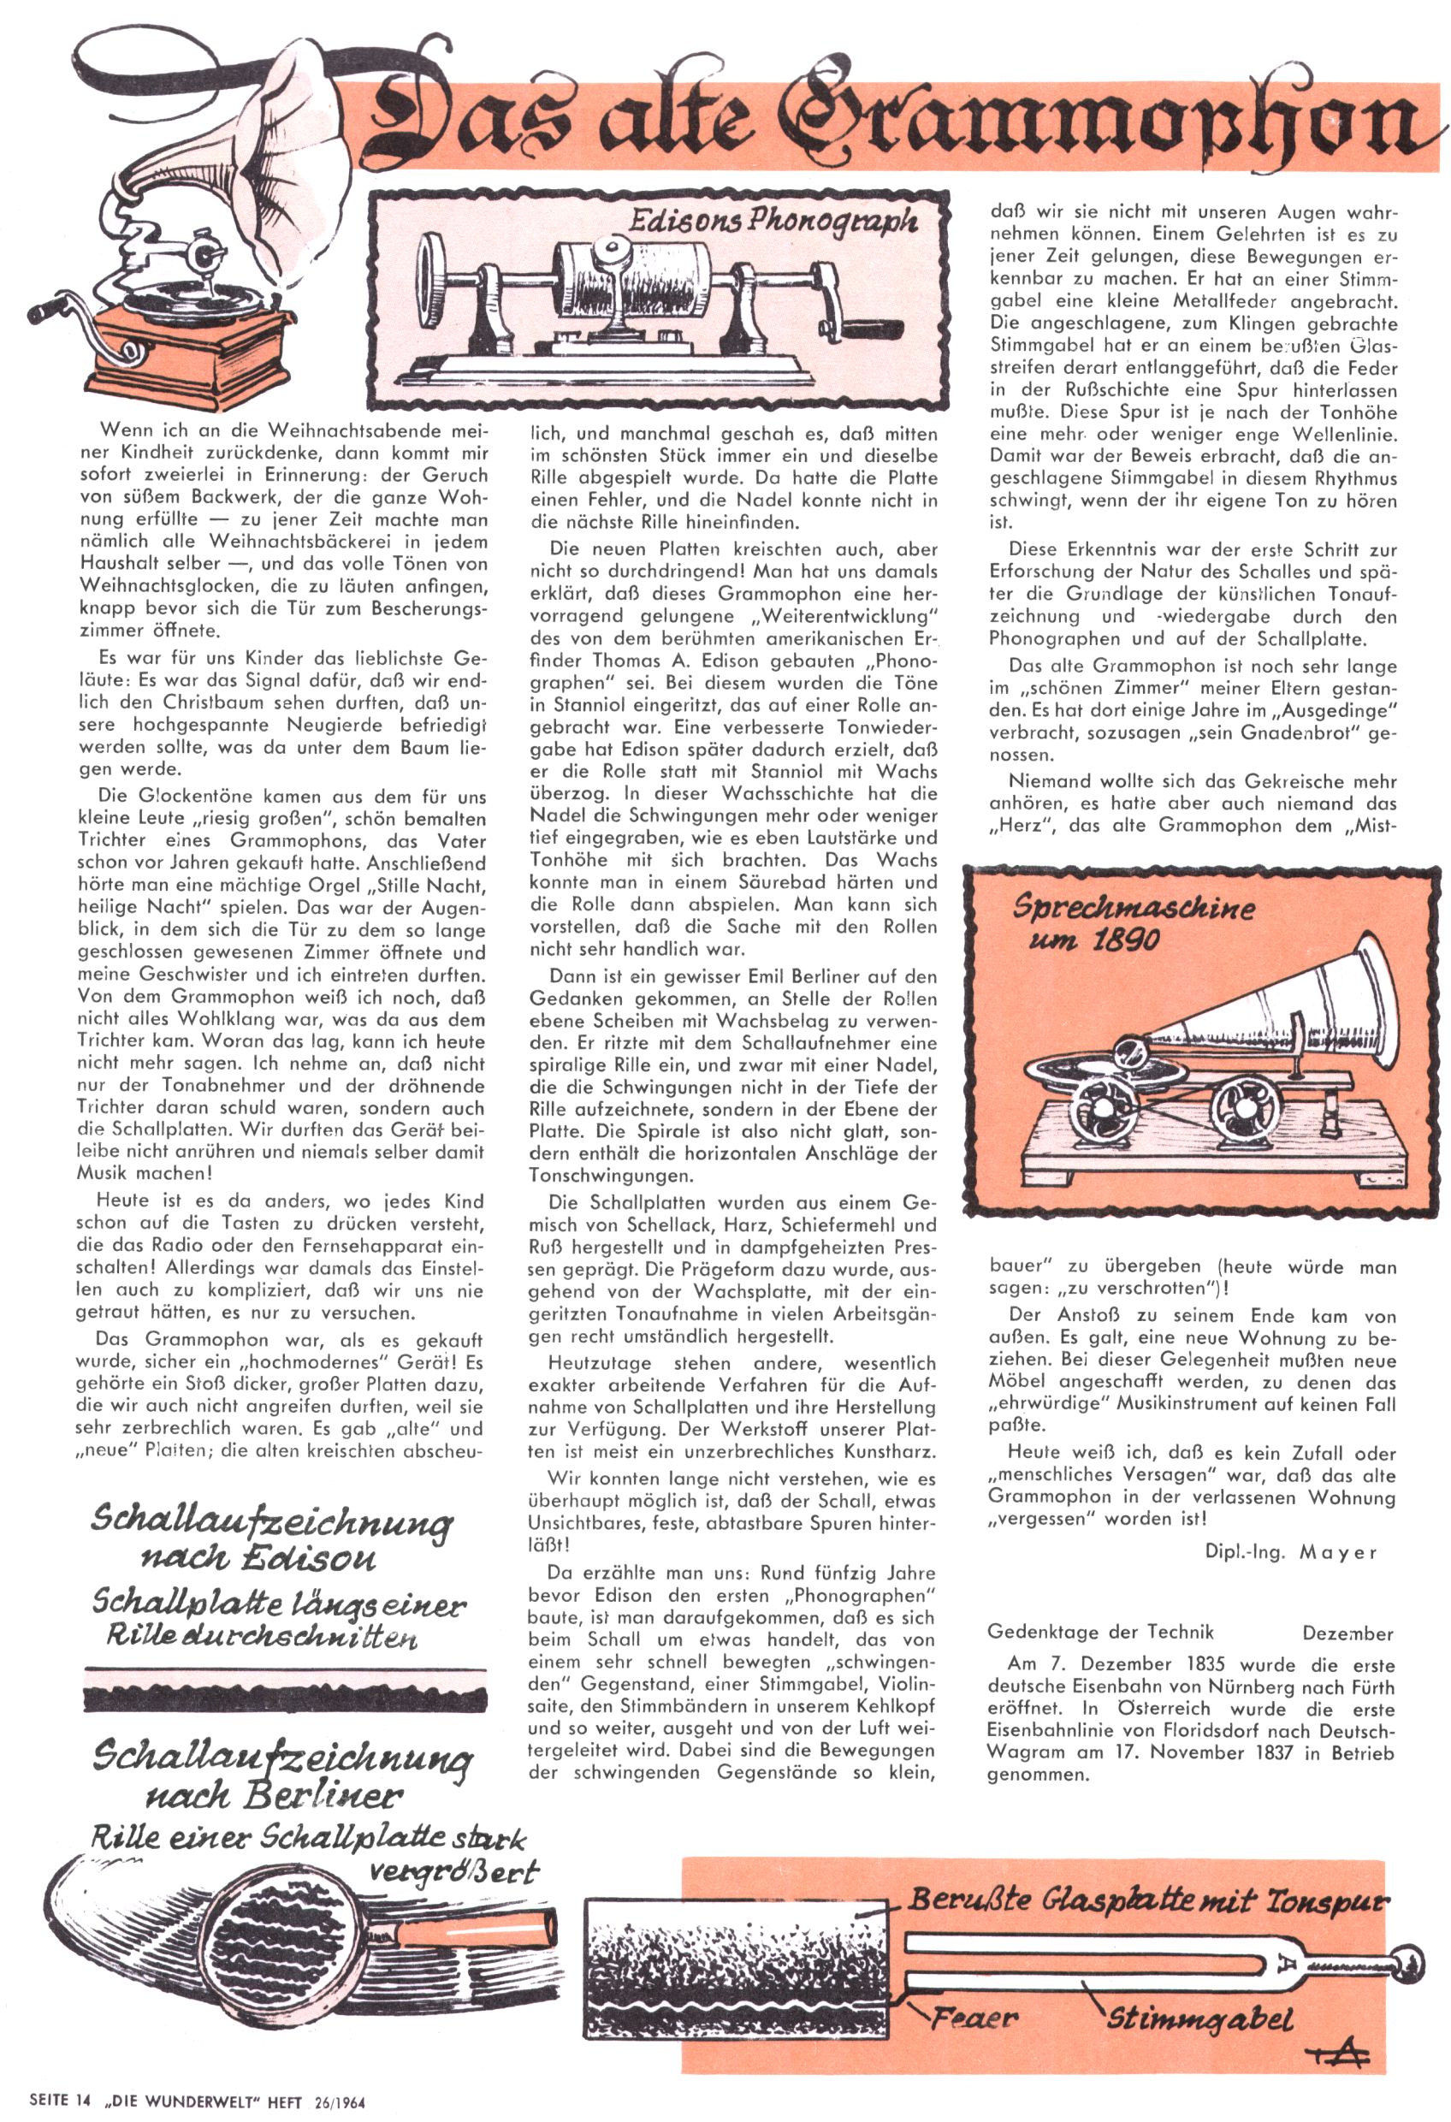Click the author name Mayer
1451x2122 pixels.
coord(1338,1552)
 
